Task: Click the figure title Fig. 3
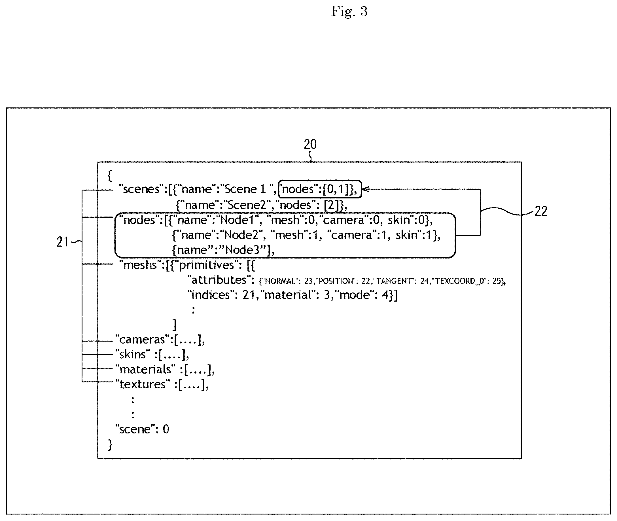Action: click(349, 12)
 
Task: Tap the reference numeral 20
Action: click(310, 145)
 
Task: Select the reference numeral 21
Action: click(62, 242)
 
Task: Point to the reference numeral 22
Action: click(541, 211)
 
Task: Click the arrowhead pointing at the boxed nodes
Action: click(364, 189)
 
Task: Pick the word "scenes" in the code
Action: click(141, 189)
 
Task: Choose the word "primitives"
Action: click(207, 265)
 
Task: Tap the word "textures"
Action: click(143, 384)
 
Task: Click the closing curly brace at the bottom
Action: click(110, 444)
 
